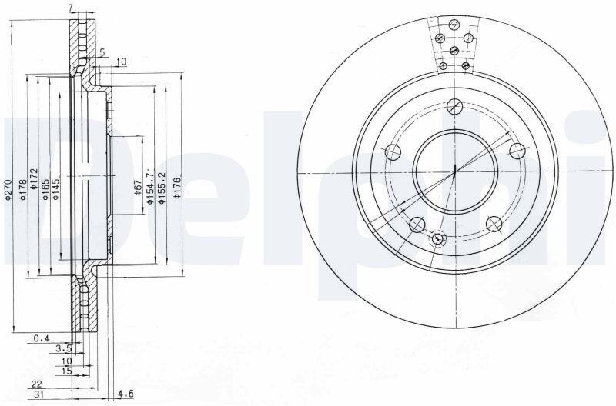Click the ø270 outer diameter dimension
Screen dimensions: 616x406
tap(8, 190)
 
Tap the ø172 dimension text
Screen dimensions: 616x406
tap(33, 179)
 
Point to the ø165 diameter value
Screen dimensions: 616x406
tap(45, 190)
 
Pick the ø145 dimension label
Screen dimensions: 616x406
tap(55, 190)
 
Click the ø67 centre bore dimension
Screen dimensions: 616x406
tap(138, 188)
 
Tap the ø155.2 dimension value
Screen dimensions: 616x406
tap(161, 188)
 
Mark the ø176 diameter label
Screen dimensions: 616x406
tap(177, 188)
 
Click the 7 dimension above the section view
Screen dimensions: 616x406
tap(70, 7)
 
